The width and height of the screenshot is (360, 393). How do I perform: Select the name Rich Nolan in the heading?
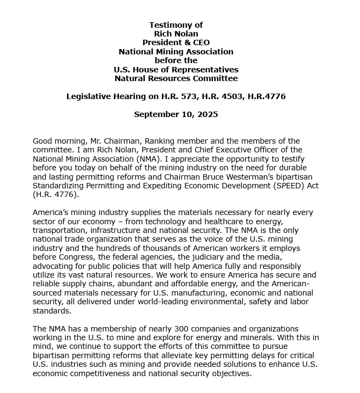pos(176,34)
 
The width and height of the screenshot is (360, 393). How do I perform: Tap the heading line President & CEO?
pos(176,42)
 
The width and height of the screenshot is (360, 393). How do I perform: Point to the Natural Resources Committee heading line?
pos(176,78)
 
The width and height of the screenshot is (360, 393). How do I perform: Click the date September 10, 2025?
pos(176,114)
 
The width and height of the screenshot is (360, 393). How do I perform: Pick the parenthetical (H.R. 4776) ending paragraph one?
pos(56,194)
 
